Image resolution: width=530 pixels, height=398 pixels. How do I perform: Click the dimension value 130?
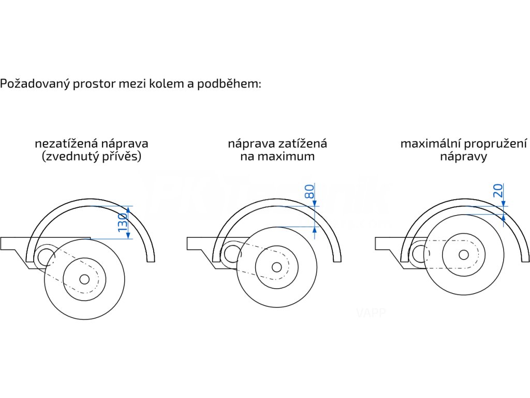(123, 222)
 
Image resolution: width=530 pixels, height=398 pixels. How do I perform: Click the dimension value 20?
(498, 191)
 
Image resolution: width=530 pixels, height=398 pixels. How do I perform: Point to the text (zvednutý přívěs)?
(92, 157)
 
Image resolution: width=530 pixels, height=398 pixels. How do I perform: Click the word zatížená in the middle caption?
(302, 143)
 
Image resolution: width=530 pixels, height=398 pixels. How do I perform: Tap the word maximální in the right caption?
(430, 143)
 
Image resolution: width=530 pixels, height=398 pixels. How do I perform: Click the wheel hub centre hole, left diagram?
(84, 279)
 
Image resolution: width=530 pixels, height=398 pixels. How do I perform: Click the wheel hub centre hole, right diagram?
(464, 254)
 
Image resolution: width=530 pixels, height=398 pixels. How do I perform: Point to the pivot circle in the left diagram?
(46, 254)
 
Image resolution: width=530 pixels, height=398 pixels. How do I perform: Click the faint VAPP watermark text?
(371, 312)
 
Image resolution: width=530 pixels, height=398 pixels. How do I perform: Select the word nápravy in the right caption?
(463, 157)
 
